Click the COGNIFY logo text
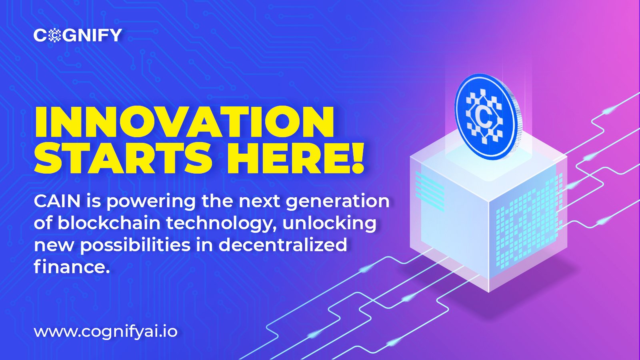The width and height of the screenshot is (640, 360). tap(78, 35)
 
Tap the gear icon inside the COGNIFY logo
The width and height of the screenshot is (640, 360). tap(53, 35)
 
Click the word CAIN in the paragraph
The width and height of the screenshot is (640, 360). tap(57, 202)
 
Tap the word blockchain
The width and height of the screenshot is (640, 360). tap(109, 223)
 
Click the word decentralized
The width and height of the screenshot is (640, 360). tap(283, 245)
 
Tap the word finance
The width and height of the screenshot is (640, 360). tap(72, 267)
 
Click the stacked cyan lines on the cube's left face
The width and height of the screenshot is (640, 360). tap(430, 190)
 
